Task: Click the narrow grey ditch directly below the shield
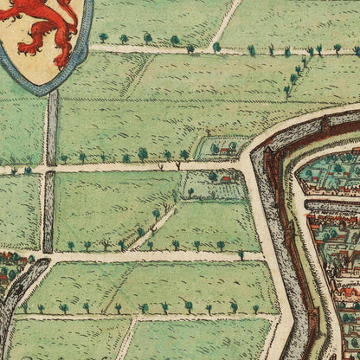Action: click(52, 130)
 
